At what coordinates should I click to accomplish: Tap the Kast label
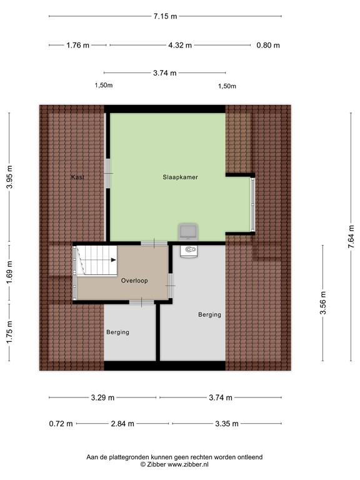pyautogui.click(x=77, y=177)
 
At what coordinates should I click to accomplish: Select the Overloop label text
pyautogui.click(x=134, y=281)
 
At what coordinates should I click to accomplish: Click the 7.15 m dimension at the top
pyautogui.click(x=165, y=16)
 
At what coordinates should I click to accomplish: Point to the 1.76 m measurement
pyautogui.click(x=77, y=45)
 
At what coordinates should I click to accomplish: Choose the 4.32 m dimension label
pyautogui.click(x=180, y=45)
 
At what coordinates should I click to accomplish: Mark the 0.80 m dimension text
pyautogui.click(x=268, y=45)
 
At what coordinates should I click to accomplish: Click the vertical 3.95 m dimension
pyautogui.click(x=9, y=177)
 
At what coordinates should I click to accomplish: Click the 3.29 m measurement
pyautogui.click(x=102, y=397)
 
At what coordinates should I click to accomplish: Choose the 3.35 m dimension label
pyautogui.click(x=226, y=424)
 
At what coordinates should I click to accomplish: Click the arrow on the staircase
pyautogui.click(x=112, y=259)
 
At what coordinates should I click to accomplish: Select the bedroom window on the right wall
pyautogui.click(x=253, y=204)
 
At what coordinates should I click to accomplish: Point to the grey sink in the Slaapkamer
pyautogui.click(x=188, y=232)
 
